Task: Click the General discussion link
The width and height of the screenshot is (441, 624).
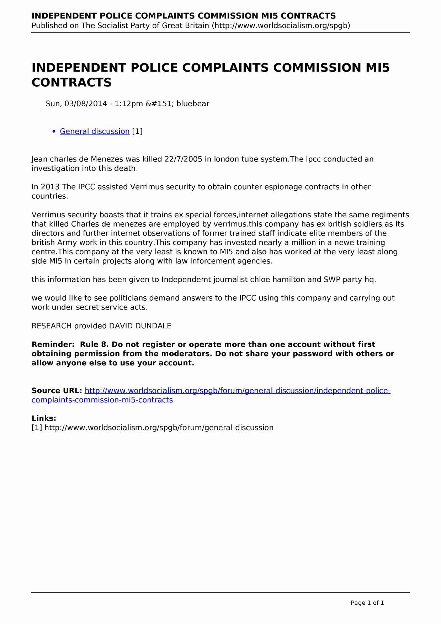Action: pos(95,131)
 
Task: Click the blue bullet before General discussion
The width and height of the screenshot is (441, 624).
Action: pos(54,132)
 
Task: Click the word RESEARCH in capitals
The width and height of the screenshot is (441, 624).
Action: pos(52,326)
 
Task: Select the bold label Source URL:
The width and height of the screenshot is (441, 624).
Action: pos(57,391)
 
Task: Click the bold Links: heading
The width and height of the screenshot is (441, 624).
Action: pos(44,418)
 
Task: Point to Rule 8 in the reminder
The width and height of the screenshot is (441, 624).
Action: pos(94,344)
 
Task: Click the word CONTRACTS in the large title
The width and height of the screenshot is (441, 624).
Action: pos(71,83)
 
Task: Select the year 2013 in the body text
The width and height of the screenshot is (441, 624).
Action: pos(50,187)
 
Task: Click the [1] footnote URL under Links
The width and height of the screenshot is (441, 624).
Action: pos(159,428)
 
